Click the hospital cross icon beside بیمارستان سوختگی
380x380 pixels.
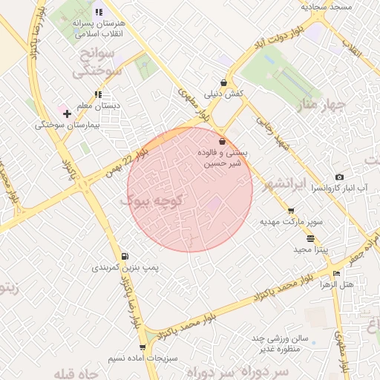pyautogui.click(x=68, y=114)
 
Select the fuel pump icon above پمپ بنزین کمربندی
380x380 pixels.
pyautogui.click(x=124, y=256)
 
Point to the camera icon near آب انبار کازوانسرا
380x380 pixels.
pyautogui.click(x=339, y=177)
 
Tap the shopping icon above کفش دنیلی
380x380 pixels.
pyautogui.click(x=223, y=83)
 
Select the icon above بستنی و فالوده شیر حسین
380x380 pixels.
pyautogui.click(x=222, y=142)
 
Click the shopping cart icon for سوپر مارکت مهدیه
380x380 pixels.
pyautogui.click(x=289, y=211)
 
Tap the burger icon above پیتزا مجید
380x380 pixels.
pyautogui.click(x=309, y=238)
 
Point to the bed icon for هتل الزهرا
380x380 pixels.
pyautogui.click(x=337, y=273)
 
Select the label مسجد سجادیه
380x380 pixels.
pyautogui.click(x=325, y=6)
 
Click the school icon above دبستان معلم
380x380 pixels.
pyautogui.click(x=98, y=94)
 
